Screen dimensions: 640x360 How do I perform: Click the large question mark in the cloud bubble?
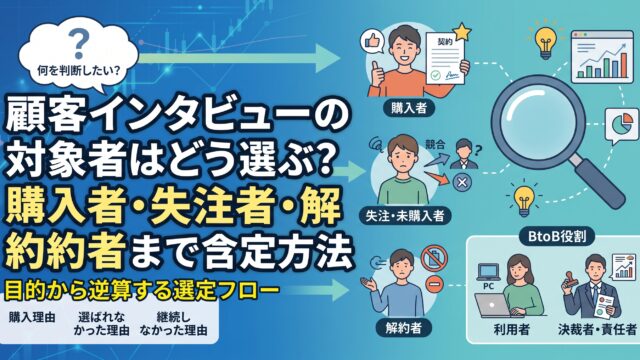click(78, 45)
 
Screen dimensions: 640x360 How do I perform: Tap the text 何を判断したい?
click(79, 71)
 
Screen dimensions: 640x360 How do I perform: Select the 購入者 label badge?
click(409, 108)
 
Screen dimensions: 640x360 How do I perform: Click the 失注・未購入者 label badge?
click(404, 216)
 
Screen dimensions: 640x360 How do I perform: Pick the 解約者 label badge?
click(403, 328)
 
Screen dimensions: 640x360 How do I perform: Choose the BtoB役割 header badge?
click(557, 236)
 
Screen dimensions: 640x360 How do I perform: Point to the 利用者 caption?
click(511, 329)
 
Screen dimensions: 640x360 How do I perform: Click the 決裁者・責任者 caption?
click(597, 329)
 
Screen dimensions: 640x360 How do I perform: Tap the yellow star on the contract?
click(462, 32)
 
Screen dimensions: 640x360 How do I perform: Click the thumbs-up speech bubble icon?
click(372, 42)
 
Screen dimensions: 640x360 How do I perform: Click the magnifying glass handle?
click(598, 181)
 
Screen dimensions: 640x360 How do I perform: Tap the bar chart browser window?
click(602, 57)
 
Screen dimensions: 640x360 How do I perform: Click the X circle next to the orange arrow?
click(462, 182)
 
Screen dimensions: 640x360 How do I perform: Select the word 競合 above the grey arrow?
click(435, 144)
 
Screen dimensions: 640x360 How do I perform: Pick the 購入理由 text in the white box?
click(32, 318)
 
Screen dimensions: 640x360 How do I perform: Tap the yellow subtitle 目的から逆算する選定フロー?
click(142, 291)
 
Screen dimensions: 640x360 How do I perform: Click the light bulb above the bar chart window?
click(546, 42)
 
